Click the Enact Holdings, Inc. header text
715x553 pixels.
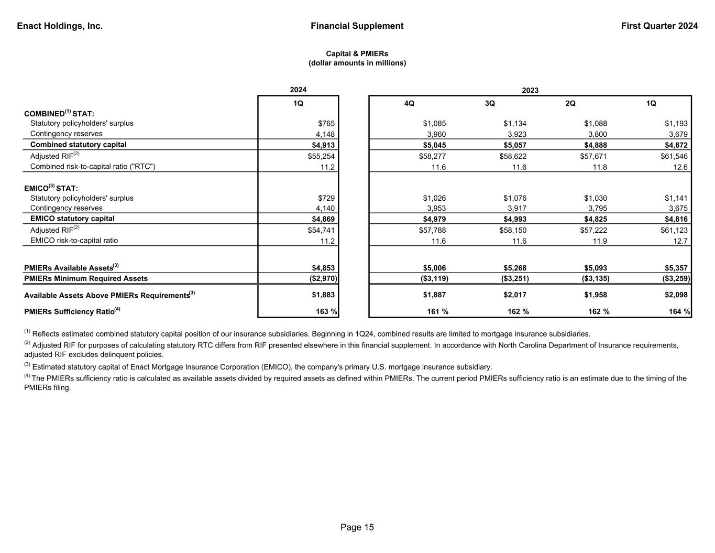click(60, 26)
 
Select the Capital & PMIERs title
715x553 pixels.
click(357, 54)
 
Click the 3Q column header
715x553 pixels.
click(490, 104)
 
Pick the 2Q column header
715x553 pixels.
click(570, 104)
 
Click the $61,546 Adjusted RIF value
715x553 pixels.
click(674, 156)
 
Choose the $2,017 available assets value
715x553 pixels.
click(514, 295)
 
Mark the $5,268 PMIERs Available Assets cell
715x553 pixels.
click(514, 268)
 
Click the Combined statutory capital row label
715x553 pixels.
click(79, 145)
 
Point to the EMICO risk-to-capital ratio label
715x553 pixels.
click(74, 241)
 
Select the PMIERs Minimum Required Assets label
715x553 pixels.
click(86, 279)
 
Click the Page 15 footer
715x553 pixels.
click(357, 528)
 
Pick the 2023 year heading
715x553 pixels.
click(530, 91)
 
